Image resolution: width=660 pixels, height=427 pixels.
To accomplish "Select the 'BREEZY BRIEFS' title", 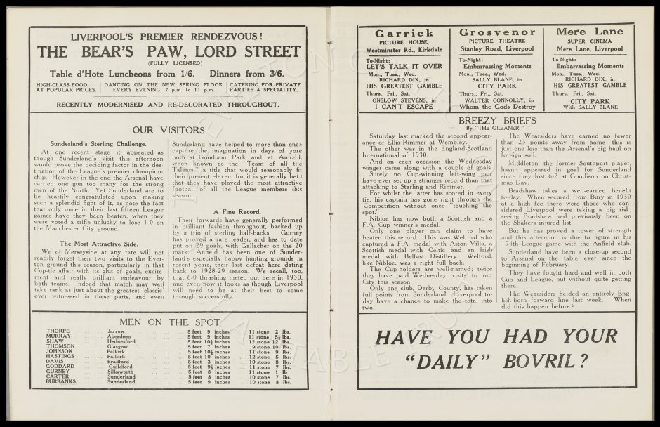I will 496,121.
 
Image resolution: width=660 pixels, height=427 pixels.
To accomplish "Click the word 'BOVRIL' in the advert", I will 536,361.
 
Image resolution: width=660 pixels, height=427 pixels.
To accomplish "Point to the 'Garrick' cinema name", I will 404,33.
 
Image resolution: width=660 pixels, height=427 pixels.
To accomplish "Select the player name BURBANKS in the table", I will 61,382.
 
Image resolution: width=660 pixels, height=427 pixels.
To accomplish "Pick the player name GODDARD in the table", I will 60,367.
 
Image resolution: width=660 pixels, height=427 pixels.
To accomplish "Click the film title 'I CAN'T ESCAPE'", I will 404,106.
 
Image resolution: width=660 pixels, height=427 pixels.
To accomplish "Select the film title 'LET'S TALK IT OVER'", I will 404,67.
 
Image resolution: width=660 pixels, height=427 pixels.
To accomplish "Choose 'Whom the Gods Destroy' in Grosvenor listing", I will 496,106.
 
